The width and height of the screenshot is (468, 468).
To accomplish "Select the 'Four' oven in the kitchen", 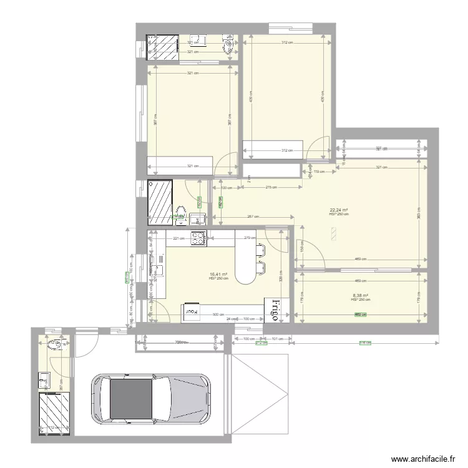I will coord(190,310).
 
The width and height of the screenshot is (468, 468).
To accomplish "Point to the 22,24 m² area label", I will coord(339,210).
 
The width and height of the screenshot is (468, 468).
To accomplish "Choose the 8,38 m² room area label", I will coord(360,296).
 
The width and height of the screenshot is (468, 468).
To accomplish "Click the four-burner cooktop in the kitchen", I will coord(199,238).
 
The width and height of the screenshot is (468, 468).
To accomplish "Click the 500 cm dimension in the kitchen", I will coord(218,316).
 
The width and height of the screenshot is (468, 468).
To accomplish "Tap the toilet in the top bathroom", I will coord(230,46).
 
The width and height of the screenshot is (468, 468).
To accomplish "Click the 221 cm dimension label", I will coord(177,238).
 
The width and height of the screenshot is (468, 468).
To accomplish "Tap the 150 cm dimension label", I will coord(302,249).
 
